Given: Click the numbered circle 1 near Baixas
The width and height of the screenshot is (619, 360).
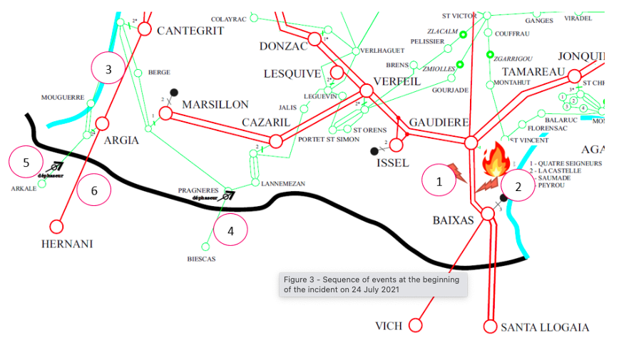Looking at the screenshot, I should tap(439, 181).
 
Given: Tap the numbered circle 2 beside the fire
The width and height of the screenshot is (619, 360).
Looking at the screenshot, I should tap(518, 187).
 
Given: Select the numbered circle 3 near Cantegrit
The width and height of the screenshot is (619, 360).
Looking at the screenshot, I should tap(108, 69).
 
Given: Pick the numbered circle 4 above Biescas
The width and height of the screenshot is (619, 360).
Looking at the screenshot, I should tap(230, 230).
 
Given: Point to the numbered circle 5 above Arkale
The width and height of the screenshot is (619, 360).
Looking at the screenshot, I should tap(26, 163).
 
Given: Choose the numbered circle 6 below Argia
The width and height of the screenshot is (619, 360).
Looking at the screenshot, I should tap(94, 190).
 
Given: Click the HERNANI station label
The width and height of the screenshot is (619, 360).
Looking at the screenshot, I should tap(66, 244).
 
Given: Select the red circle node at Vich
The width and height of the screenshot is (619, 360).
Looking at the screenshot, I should tap(416, 326).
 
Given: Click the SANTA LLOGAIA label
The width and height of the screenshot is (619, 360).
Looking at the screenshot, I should tap(545, 327).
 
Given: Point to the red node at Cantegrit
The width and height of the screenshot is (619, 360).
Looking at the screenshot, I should tap(145, 29).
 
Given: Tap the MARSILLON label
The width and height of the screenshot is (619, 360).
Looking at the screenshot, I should tap(215, 104).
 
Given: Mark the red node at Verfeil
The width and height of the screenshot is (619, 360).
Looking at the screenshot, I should tap(367, 91).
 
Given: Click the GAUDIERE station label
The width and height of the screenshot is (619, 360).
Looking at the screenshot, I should tap(439, 122).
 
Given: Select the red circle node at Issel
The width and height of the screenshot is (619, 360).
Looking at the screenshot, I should tap(397, 145).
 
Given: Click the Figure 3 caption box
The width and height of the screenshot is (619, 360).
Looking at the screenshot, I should tap(372, 284).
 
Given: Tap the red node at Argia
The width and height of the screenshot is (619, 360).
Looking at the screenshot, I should tap(102, 123).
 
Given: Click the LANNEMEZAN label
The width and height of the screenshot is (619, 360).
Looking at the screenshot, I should tap(283, 183).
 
